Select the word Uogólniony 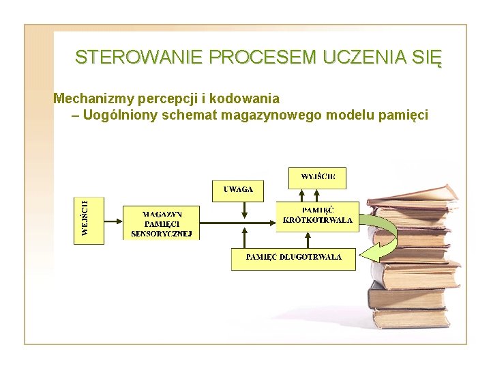(121, 115)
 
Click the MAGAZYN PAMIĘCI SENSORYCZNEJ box (162, 223)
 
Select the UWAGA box (238, 190)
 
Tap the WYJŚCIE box (318, 178)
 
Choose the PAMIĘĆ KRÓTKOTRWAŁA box (318, 215)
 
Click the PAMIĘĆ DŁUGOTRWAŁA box (293, 258)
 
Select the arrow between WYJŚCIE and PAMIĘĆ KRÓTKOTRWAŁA (317, 194)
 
